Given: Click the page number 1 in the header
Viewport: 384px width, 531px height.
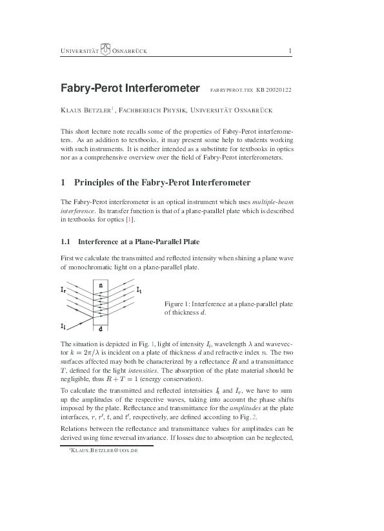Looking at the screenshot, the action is click(290, 51).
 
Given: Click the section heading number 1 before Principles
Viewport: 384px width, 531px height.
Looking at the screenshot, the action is click(63, 183).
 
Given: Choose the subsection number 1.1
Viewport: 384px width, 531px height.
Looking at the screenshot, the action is click(65, 242).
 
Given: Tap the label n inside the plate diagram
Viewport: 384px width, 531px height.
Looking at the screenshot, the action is click(100, 284).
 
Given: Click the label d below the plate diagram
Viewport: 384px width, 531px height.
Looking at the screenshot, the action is click(100, 328).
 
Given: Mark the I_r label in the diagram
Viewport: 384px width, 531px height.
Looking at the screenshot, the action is click(63, 291).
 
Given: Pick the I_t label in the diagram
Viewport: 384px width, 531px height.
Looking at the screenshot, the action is click(139, 291).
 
